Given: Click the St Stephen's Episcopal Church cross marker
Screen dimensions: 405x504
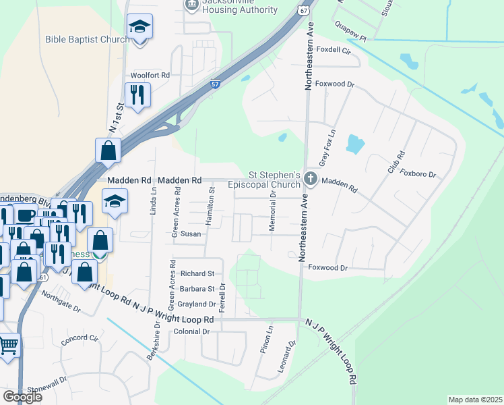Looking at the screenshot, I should tap(311, 179).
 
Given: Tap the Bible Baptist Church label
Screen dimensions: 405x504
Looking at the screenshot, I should tap(88, 39).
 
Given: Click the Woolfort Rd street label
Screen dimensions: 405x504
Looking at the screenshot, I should tap(150, 76).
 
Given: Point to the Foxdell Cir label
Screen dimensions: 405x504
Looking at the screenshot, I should tap(334, 50).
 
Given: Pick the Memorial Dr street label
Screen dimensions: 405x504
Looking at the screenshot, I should tap(273, 211).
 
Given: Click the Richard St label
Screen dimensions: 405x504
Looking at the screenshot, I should tap(197, 274).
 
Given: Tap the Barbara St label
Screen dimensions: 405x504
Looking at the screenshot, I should tap(197, 289).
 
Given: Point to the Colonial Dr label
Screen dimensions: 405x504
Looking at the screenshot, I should tap(192, 332).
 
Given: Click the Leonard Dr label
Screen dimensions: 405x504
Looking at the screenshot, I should tap(286, 358).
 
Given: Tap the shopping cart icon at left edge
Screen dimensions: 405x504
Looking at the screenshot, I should tap(8, 345).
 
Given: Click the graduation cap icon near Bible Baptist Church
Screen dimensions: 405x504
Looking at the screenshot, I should tap(139, 27).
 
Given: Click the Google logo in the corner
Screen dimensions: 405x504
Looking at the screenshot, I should tap(23, 396).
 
